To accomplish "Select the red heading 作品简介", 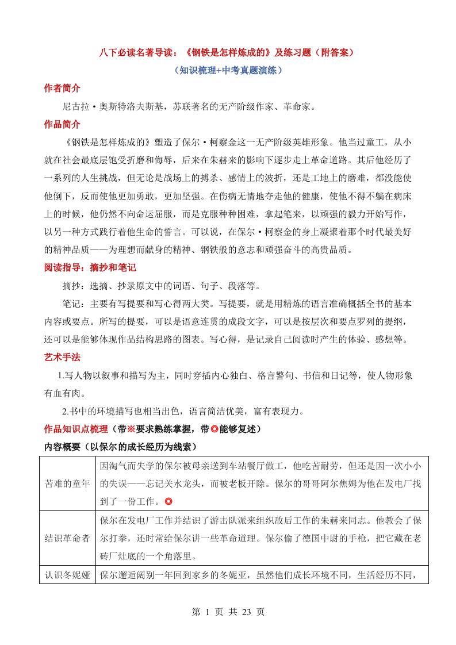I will pos(62,124).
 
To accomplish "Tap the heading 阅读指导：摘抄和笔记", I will pos(90,268).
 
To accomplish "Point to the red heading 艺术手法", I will pos(62,357).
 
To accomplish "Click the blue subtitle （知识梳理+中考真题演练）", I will pos(228,70).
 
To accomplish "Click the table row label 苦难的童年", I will pos(67,483).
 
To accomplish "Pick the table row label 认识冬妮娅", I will pos(67,574).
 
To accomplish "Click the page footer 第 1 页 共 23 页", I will pos(228,612).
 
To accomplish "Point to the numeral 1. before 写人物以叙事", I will pos(62,375).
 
